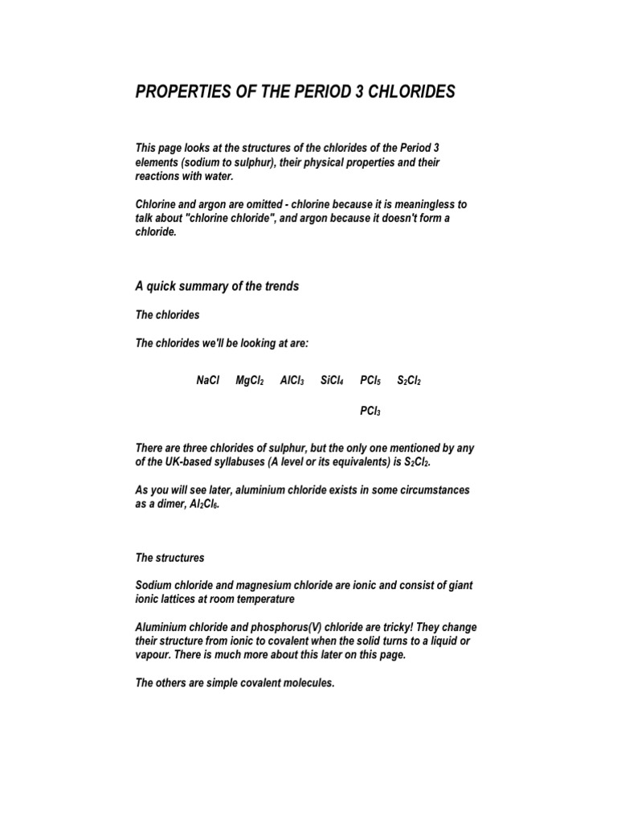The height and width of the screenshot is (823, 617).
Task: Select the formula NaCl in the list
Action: coord(207,381)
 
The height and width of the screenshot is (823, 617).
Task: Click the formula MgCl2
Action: coord(250,381)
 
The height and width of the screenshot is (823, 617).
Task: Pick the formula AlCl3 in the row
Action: coord(292,381)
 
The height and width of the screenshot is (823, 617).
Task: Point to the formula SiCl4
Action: coord(332,381)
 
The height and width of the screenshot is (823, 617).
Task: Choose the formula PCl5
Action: coord(370,381)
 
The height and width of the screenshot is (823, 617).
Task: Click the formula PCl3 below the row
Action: coord(370,411)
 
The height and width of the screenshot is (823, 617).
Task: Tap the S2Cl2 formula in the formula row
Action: coord(410,381)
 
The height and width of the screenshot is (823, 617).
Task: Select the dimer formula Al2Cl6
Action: coord(202,503)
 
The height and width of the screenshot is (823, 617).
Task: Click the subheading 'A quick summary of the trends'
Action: coord(217,286)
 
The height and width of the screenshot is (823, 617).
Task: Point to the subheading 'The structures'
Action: coord(170,557)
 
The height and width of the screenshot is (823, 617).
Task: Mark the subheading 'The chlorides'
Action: coord(167,315)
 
